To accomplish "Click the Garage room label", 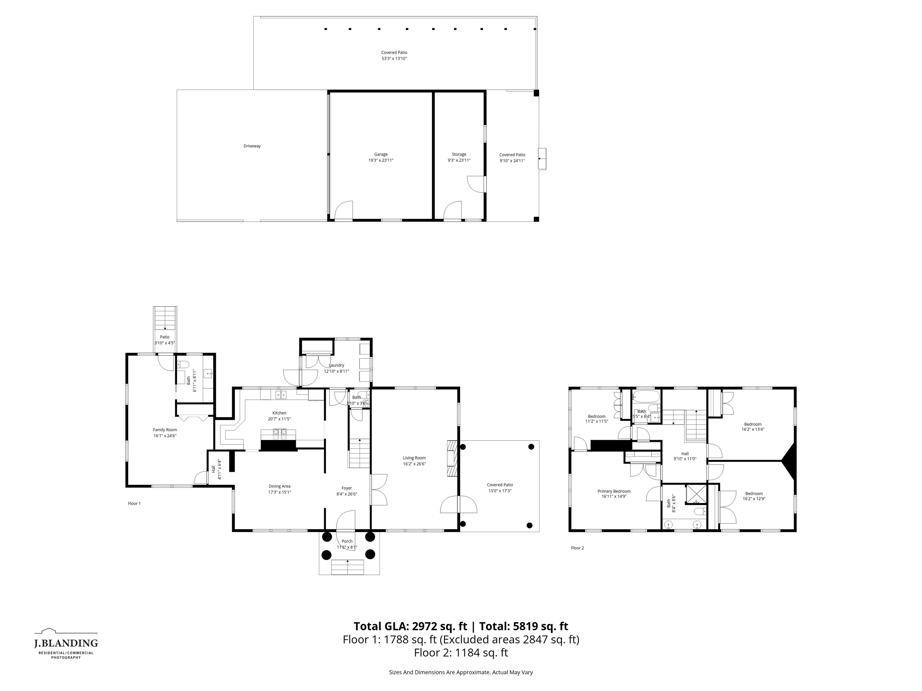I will [x=381, y=154].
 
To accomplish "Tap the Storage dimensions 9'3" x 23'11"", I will [x=459, y=160].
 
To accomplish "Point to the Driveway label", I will [x=252, y=146].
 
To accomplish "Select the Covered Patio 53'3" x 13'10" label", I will [x=394, y=55].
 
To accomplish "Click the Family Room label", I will [x=165, y=430].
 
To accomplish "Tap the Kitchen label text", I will [x=279, y=413].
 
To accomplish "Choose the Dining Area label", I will [x=279, y=486].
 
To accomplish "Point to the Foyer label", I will [x=347, y=488].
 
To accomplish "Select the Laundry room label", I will [x=336, y=365].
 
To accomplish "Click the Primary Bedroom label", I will [x=613, y=492].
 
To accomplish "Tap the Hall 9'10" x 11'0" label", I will [x=685, y=456].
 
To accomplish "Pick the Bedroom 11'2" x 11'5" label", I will [x=596, y=419].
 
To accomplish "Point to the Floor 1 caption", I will [x=134, y=504].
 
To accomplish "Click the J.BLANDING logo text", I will [x=66, y=644].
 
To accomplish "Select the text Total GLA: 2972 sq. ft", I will [x=410, y=627].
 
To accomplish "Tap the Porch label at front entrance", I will [x=347, y=541].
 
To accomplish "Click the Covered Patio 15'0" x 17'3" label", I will [x=500, y=488].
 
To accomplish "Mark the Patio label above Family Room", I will [x=165, y=337].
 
